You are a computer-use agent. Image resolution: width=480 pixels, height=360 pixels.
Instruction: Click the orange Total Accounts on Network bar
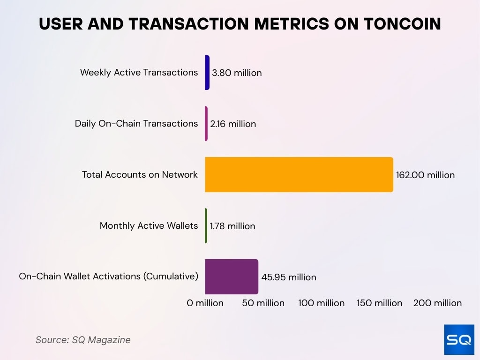point(299,174)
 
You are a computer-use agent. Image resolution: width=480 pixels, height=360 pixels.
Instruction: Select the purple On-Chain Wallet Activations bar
point(232,277)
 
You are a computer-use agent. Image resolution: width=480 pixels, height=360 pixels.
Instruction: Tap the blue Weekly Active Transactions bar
point(207,73)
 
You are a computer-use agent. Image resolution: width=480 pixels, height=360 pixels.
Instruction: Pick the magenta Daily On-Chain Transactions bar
point(206,124)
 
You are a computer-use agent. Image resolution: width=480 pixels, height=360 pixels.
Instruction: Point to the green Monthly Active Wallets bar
point(206,225)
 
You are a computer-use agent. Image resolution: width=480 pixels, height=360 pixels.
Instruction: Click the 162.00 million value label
point(425,175)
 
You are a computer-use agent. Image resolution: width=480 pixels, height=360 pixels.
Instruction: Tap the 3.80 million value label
point(237,73)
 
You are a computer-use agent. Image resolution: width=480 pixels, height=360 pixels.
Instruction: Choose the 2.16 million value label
point(233,124)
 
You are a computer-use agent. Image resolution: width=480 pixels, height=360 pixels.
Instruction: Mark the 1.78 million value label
point(232,226)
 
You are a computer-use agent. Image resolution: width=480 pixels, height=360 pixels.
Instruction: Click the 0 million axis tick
point(205,303)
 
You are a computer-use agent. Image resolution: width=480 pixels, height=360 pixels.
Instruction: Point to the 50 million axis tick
point(263,303)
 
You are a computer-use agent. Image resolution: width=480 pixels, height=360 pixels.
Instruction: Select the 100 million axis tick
point(322,303)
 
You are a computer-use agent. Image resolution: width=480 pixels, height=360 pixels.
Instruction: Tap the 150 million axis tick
point(379,303)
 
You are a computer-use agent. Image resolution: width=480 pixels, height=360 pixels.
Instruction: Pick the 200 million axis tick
point(437,303)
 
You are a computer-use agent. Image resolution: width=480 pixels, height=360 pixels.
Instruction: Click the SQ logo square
point(459,339)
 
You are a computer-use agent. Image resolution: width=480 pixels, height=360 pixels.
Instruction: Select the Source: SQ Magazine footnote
point(83,340)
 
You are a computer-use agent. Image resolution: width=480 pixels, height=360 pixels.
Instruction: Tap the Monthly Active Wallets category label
point(149,225)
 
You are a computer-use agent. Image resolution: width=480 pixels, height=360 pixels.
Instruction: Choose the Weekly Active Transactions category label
point(139,72)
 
